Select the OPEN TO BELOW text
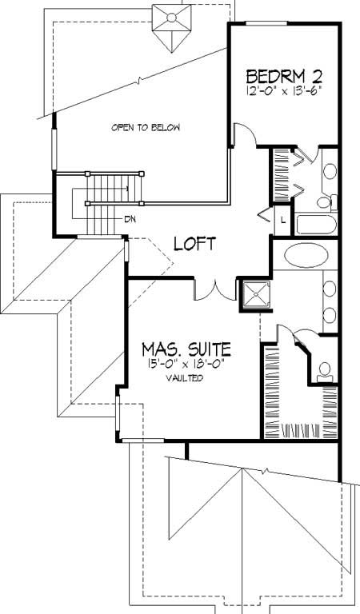coord(146,127)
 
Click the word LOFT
coord(194,243)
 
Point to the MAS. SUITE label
coord(187,349)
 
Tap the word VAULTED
coord(185,378)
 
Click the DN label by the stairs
coord(129,218)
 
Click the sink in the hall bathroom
coord(329,169)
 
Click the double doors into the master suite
coord(214,288)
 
